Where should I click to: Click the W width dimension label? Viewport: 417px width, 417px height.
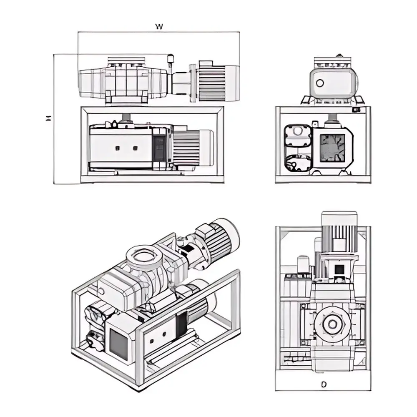pos(159,27)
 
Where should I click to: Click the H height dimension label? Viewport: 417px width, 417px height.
pos(49,118)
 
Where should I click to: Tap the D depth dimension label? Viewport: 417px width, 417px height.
pos(324,384)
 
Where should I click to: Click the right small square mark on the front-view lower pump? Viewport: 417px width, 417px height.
pos(135,148)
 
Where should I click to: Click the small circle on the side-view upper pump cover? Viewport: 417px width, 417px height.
pos(320,83)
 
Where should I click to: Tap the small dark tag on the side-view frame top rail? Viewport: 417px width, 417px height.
pos(356,110)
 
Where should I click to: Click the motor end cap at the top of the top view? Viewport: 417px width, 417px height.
pos(339,219)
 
